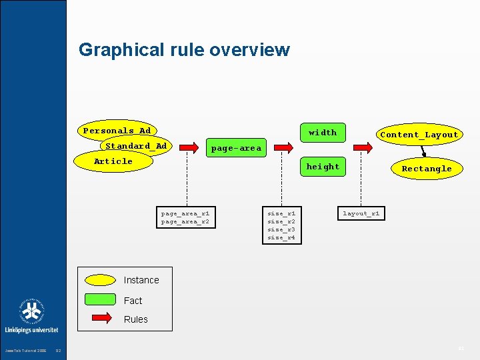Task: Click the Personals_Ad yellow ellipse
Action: (117, 131)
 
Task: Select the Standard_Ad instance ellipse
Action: (136, 146)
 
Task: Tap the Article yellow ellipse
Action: (113, 161)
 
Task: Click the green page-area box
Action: (236, 148)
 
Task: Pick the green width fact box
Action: (323, 133)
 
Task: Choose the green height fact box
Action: (323, 167)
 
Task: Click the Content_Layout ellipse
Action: (419, 135)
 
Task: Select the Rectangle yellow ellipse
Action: (426, 169)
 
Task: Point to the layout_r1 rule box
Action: (361, 213)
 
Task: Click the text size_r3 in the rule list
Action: (281, 229)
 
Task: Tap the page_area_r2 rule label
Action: (185, 221)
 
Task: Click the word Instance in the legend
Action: (141, 281)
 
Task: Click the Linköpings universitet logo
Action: (32, 316)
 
